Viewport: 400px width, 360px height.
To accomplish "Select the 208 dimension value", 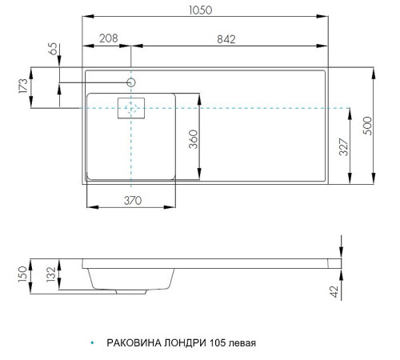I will [x=110, y=38].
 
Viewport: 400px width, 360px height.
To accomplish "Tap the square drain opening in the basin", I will [x=132, y=108].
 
